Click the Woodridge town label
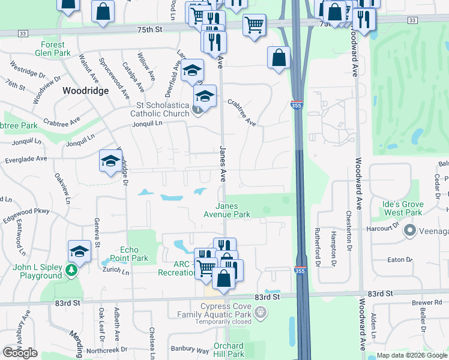coord(86,91)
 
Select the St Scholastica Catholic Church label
coord(159,110)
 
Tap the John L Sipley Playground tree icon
coord(72,271)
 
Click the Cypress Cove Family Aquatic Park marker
coord(260,312)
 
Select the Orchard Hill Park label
coord(228,350)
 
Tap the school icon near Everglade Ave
coord(110,160)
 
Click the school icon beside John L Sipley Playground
coord(79,251)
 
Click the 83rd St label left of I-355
coord(267,297)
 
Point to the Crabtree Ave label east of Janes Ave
coord(241,112)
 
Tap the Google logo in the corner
coord(20,353)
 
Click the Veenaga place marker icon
coord(411,230)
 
